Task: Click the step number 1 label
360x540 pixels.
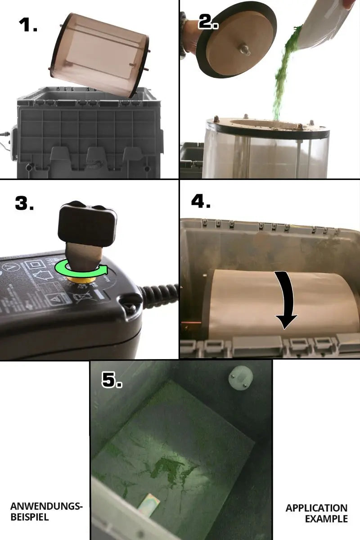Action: pyautogui.click(x=28, y=25)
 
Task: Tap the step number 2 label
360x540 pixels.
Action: pyautogui.click(x=208, y=21)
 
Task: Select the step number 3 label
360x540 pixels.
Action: pyautogui.click(x=24, y=203)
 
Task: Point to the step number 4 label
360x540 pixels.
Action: pyautogui.click(x=201, y=201)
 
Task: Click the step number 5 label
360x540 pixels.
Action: pyautogui.click(x=112, y=380)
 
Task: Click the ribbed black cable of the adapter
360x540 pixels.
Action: pyautogui.click(x=159, y=292)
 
